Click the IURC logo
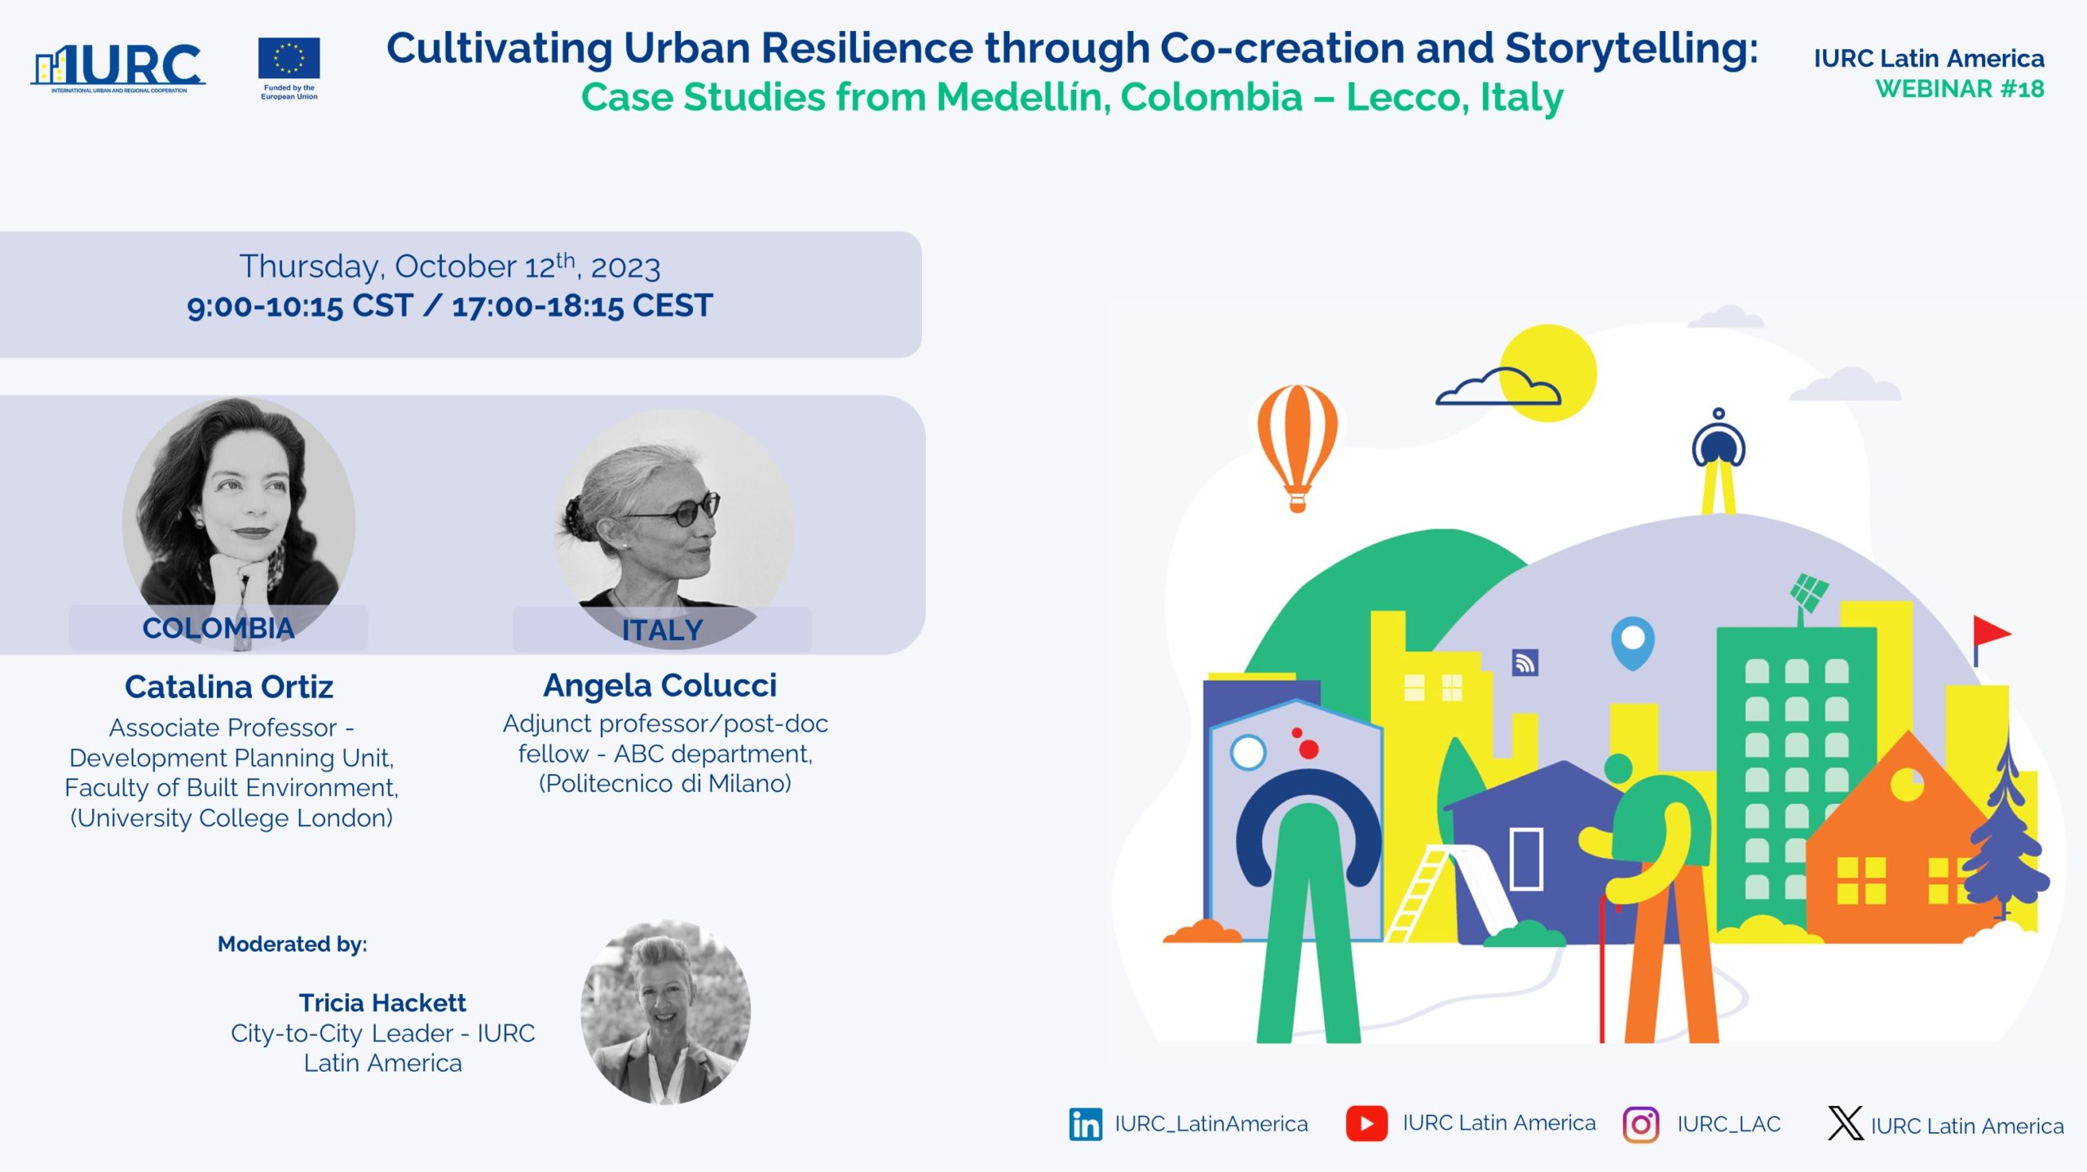pyautogui.click(x=118, y=68)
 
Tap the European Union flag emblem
pyautogui.click(x=289, y=59)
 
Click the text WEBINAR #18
pyautogui.click(x=1960, y=88)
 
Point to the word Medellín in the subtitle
pyautogui.click(x=1022, y=97)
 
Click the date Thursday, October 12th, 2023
pyautogui.click(x=449, y=267)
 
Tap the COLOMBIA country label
pyautogui.click(x=218, y=628)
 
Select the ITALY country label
pyautogui.click(x=662, y=630)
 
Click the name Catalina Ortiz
pyautogui.click(x=229, y=687)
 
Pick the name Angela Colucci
pyautogui.click(x=660, y=685)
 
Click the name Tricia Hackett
pyautogui.click(x=382, y=1002)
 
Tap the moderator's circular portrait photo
pyautogui.click(x=665, y=1012)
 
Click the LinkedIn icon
pyautogui.click(x=1085, y=1124)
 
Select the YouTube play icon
pyautogui.click(x=1366, y=1123)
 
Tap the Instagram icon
pyautogui.click(x=1640, y=1125)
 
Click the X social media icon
pyautogui.click(x=1845, y=1123)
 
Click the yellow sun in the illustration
pyautogui.click(x=1547, y=373)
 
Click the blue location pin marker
pyautogui.click(x=1632, y=642)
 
